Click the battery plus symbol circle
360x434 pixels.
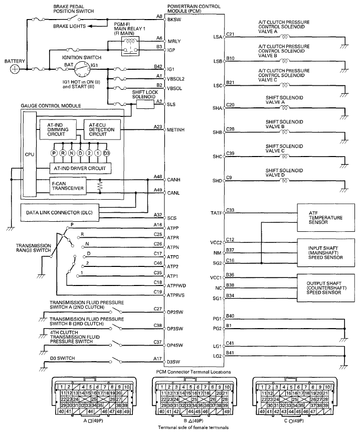pos(16,69)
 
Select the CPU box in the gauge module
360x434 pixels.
pos(29,156)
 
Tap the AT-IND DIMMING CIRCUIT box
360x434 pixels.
pos(58,128)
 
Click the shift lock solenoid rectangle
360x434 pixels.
pos(144,104)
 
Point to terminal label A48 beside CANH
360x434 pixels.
pos(158,176)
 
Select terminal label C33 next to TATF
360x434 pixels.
pos(231,210)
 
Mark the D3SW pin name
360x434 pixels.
pos(174,362)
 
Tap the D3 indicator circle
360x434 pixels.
pos(106,153)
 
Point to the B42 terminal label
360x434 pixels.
pos(158,66)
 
